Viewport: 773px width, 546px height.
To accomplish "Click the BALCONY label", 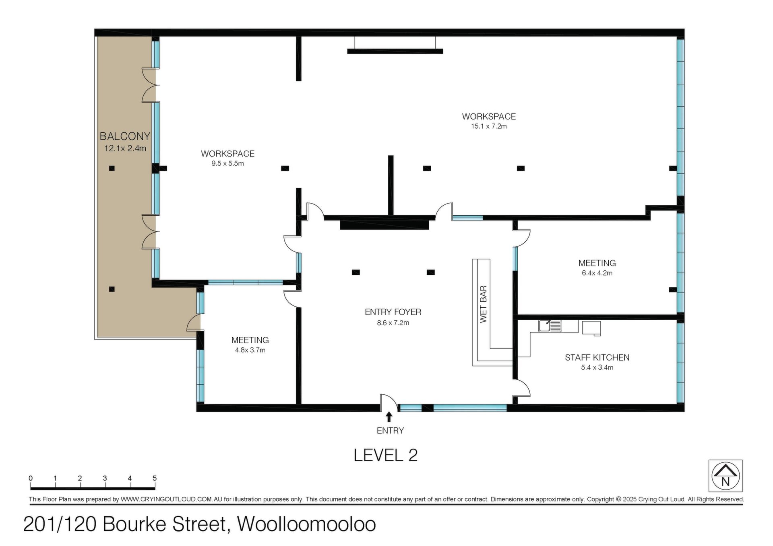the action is [x=125, y=136].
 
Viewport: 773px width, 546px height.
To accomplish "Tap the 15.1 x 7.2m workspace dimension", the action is [x=489, y=126].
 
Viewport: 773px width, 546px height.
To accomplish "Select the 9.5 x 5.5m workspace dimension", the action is [x=227, y=163].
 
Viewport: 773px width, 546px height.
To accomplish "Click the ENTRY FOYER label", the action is [x=393, y=312].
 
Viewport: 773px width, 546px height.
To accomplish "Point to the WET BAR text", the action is [x=484, y=304].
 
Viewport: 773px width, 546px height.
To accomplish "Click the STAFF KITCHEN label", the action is [x=597, y=357].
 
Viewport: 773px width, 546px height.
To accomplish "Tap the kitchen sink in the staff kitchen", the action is [x=550, y=326].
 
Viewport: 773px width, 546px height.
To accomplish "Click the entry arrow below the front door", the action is [x=389, y=416].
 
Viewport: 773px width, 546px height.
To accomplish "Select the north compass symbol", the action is [x=725, y=476].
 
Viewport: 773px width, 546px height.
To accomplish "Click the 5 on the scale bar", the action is [x=155, y=478].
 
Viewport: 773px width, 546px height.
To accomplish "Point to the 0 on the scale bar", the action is [x=31, y=478].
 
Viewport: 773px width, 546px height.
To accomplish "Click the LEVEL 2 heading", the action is [x=386, y=455].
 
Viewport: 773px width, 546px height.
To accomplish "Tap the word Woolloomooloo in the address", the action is [x=306, y=524].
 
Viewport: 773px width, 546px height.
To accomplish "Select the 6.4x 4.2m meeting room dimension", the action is [x=597, y=273].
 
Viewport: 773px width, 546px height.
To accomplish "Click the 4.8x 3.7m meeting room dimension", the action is [x=250, y=350].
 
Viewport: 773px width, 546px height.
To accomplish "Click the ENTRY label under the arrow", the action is [x=390, y=431].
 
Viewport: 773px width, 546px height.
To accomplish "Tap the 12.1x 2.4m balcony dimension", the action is [x=125, y=148].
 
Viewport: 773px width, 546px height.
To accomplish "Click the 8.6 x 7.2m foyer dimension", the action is [x=393, y=323].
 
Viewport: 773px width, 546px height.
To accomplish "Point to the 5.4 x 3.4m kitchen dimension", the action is [x=597, y=367].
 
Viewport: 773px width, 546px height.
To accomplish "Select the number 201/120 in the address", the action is [x=60, y=524].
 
